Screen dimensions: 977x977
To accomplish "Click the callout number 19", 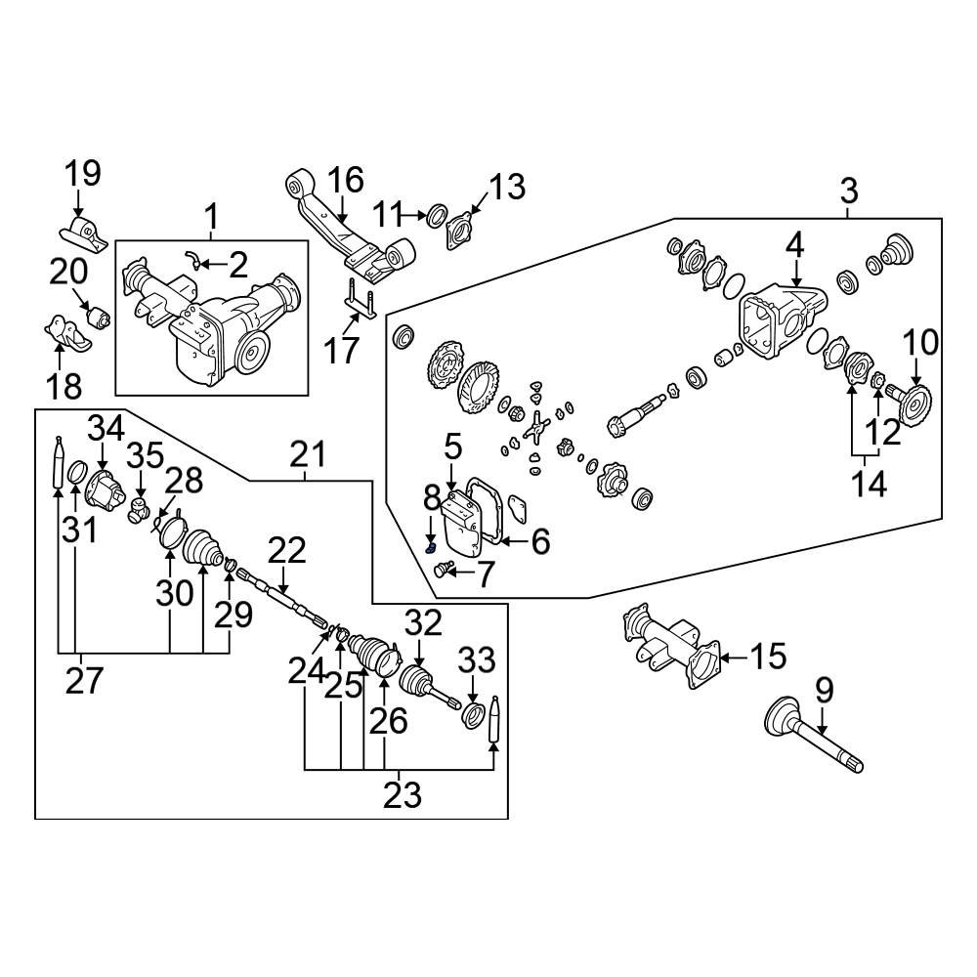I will click(83, 175).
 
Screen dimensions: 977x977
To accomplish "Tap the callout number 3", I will click(848, 190).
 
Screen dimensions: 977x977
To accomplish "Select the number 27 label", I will click(84, 680).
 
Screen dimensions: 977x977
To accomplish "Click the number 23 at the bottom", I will click(403, 795).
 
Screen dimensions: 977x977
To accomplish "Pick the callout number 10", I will click(920, 343).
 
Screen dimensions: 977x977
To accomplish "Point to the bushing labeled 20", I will click(98, 319).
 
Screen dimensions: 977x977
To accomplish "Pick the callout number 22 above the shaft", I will click(287, 551).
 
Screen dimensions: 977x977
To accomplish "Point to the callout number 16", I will click(345, 181).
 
